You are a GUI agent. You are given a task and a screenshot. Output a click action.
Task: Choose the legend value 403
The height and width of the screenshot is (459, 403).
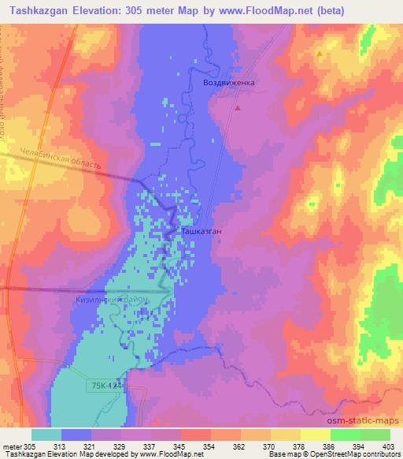[389, 446]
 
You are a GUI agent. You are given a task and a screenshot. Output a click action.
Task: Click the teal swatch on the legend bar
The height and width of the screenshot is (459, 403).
[46, 435]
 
